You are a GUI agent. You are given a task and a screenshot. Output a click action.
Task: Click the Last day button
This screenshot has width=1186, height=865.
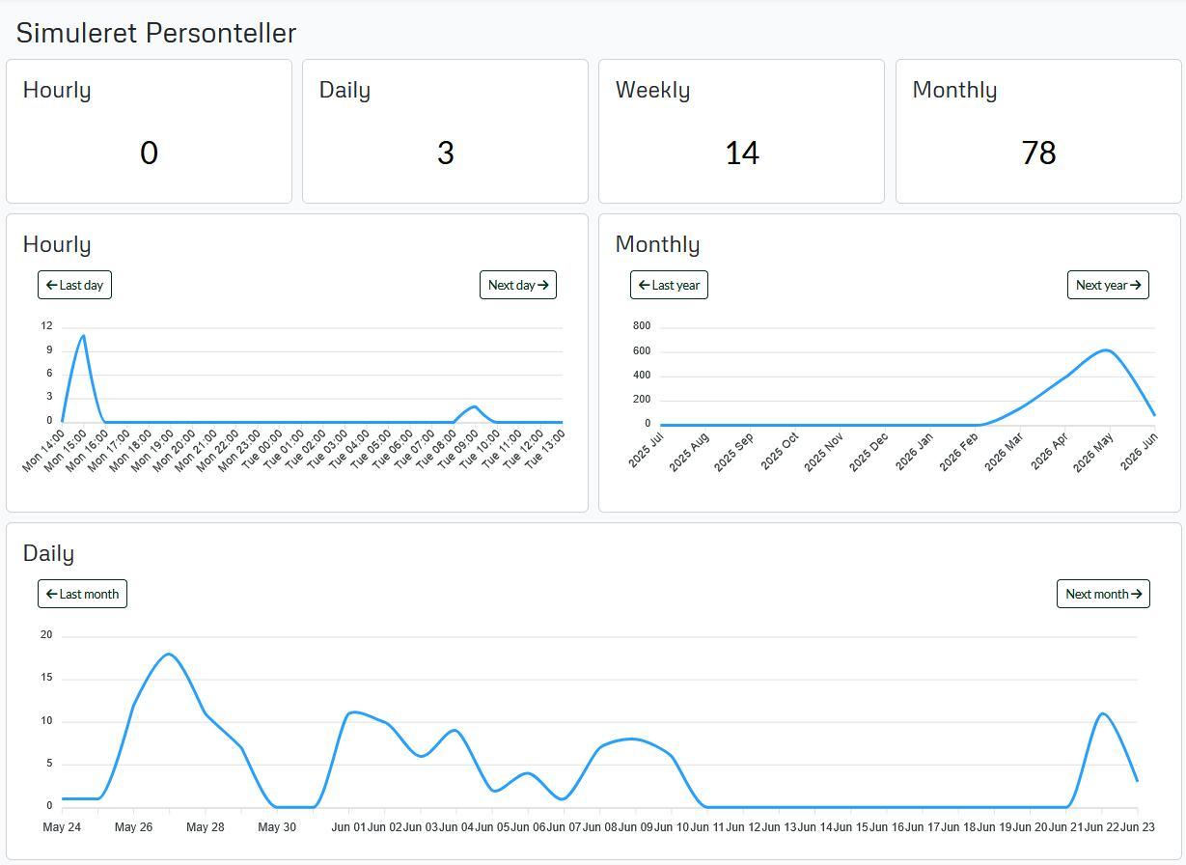[x=74, y=285]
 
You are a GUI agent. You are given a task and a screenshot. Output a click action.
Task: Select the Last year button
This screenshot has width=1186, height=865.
[x=669, y=285]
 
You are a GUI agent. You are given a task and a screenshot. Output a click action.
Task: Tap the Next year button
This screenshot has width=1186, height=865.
[x=1108, y=285]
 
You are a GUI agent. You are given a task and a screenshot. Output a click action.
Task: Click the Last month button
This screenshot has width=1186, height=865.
[x=82, y=594]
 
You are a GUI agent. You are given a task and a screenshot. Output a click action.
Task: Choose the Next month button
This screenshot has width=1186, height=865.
[x=1103, y=594]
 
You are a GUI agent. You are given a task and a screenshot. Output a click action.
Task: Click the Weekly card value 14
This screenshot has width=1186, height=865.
[x=742, y=153]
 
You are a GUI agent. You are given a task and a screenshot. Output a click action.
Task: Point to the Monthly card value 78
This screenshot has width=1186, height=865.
[x=1038, y=153]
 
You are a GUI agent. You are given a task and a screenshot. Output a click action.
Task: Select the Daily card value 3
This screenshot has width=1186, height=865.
[x=445, y=153]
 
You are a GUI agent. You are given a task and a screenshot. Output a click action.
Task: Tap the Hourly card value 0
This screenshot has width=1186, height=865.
[x=149, y=153]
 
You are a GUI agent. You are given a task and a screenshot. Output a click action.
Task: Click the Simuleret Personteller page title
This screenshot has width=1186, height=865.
[x=156, y=33]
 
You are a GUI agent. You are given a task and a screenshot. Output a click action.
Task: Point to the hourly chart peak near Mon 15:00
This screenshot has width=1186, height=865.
[x=83, y=335]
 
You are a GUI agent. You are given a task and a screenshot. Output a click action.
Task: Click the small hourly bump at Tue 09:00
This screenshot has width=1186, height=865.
[x=475, y=406]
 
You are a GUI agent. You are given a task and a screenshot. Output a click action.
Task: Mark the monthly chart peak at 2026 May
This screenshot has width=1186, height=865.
[x=1107, y=350]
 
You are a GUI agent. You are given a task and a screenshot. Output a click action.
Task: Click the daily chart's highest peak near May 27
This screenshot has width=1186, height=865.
[x=168, y=655]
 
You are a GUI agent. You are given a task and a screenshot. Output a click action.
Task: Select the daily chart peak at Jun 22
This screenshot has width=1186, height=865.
[x=1102, y=713]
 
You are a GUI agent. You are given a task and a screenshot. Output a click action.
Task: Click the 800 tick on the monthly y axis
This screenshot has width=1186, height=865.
[x=642, y=325]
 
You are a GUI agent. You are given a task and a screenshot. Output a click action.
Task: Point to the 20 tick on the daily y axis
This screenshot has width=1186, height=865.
[x=46, y=634]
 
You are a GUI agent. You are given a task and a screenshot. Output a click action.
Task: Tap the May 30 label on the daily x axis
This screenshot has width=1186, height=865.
[x=277, y=826]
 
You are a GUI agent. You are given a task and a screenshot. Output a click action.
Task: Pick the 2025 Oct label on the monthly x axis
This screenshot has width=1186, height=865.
[x=780, y=451]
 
